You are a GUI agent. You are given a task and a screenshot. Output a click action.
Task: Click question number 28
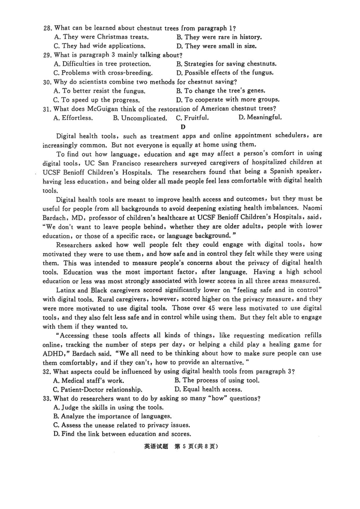click(48, 28)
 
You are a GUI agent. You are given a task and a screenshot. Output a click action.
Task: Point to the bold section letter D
click(183, 126)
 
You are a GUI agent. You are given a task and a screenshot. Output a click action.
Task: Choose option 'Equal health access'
click(208, 389)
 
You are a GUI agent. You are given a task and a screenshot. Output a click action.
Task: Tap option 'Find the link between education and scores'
click(122, 434)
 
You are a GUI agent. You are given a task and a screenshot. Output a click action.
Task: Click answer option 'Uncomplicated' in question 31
click(140, 118)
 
